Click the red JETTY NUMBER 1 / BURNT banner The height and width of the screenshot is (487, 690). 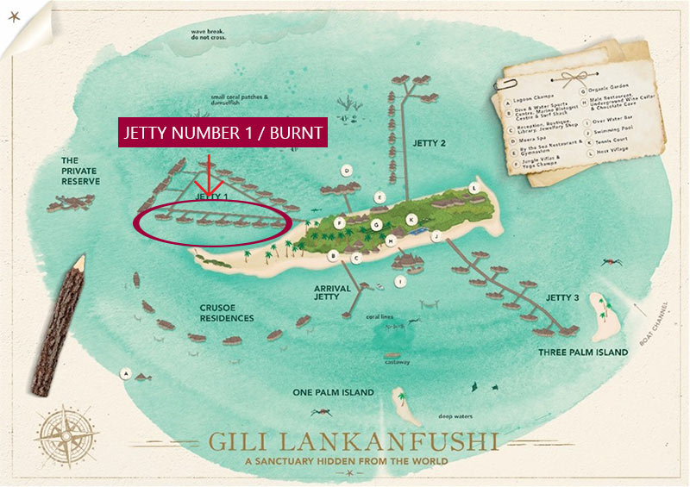pyautogui.click(x=223, y=133)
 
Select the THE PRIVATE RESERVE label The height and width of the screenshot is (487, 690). pyautogui.click(x=80, y=171)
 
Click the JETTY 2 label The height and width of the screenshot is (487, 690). pyautogui.click(x=430, y=143)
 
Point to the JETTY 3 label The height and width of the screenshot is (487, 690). pyautogui.click(x=562, y=297)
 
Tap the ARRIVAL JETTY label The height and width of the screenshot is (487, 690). pyautogui.click(x=331, y=293)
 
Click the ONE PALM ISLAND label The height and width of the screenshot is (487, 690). pyautogui.click(x=333, y=392)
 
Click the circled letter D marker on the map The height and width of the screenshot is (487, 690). pyautogui.click(x=346, y=170)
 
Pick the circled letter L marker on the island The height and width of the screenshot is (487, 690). pyautogui.click(x=473, y=188)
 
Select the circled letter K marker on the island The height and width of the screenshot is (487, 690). pyautogui.click(x=411, y=219)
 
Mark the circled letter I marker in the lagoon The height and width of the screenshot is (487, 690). pyautogui.click(x=399, y=281)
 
